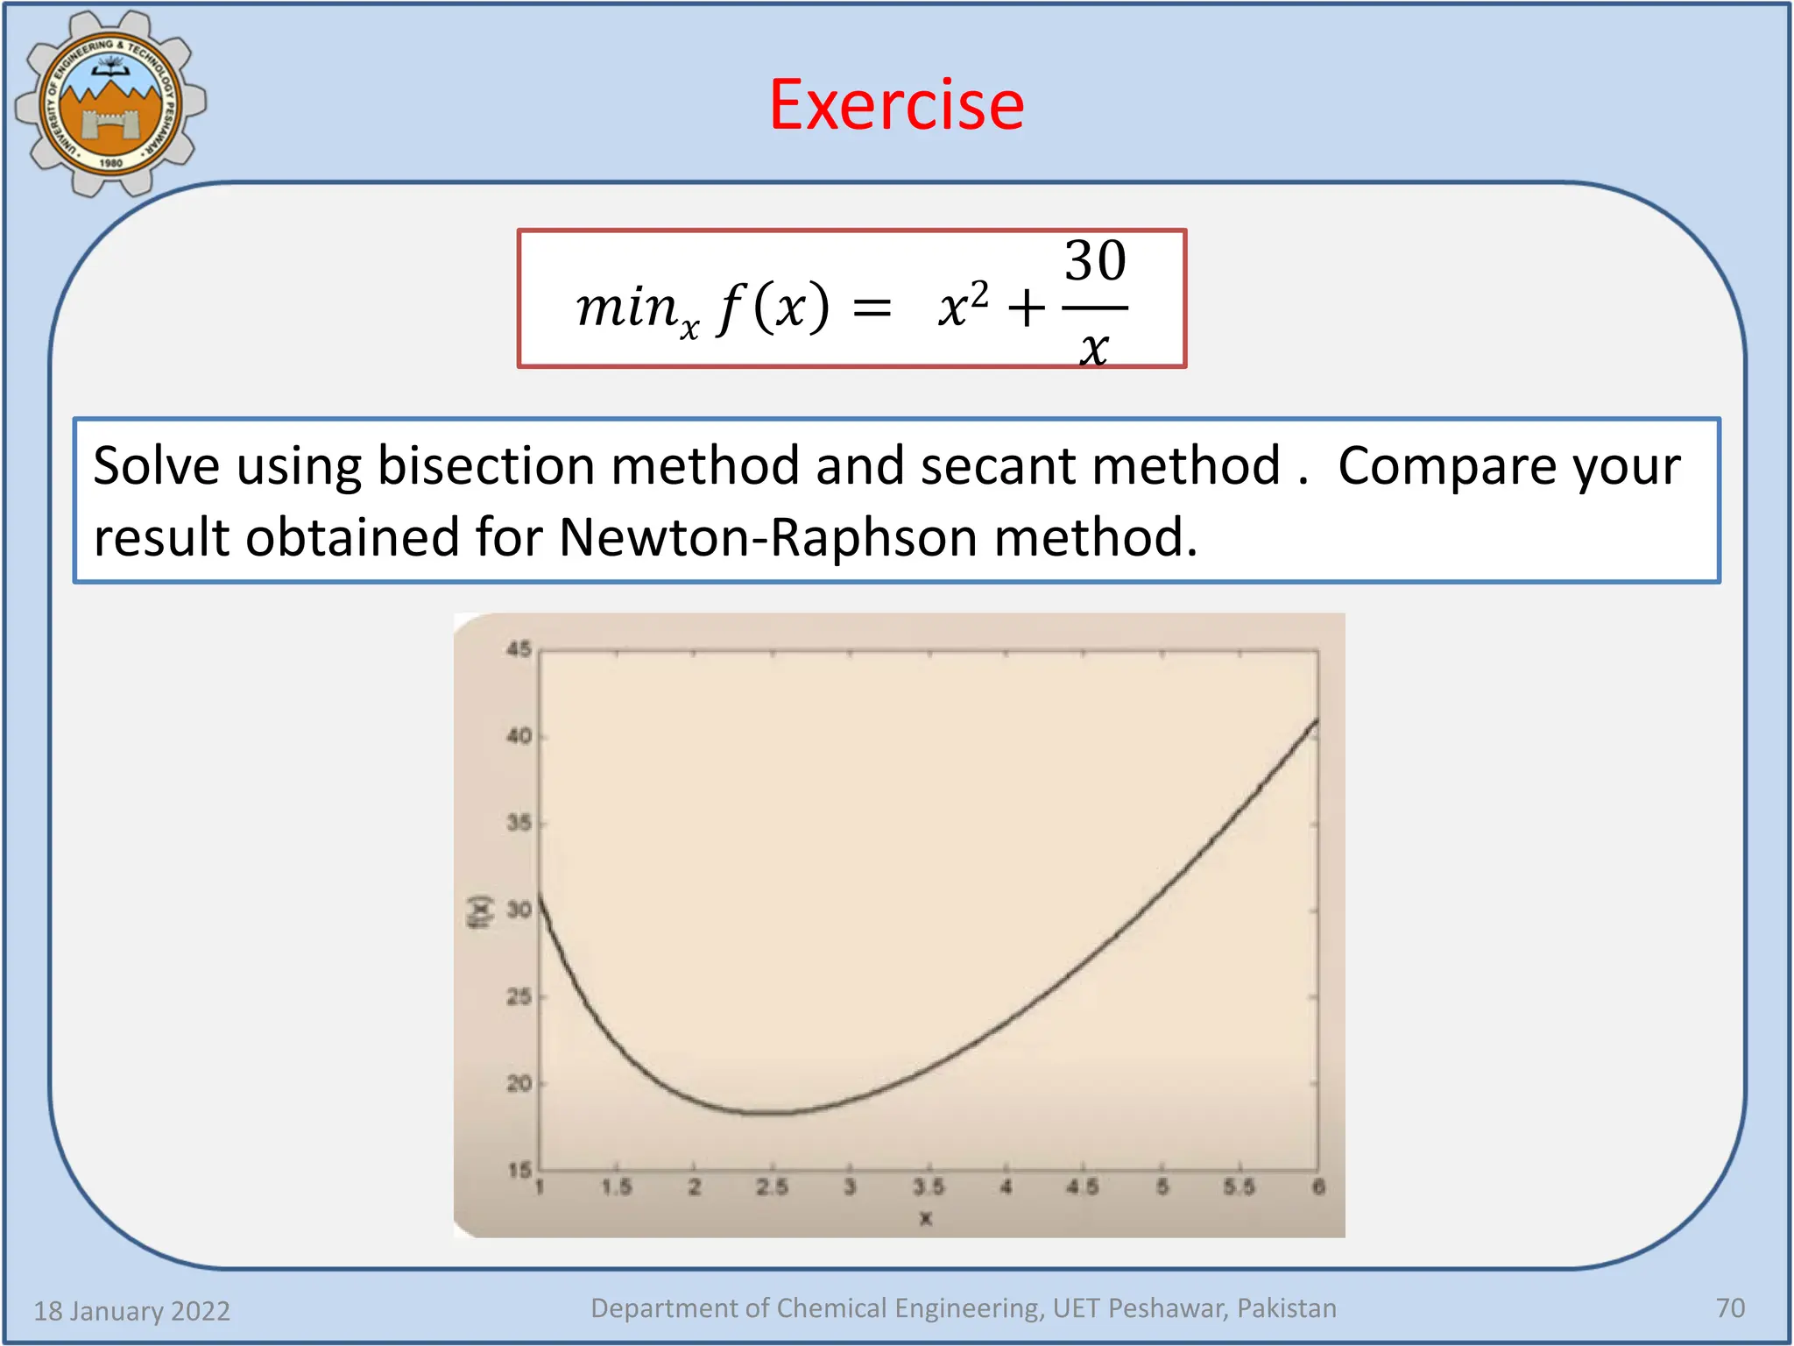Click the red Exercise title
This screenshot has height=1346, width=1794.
896,105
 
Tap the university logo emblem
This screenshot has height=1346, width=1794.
110,103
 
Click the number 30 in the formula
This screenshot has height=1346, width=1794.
1095,261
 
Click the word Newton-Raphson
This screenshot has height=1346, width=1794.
767,537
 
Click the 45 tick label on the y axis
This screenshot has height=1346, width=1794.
519,649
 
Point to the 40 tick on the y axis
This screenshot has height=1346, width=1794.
519,736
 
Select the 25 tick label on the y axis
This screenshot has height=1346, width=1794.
519,996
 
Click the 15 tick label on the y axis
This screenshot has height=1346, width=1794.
519,1170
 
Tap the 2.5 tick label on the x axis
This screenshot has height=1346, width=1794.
772,1187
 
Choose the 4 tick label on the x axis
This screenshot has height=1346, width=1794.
1006,1187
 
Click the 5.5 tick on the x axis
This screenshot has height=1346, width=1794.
1239,1187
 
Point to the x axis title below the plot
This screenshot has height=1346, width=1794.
926,1218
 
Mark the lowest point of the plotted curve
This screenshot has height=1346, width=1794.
771,1113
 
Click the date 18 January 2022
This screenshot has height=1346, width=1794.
131,1311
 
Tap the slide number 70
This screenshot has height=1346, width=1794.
1730,1308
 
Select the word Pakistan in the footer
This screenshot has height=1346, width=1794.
1287,1308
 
